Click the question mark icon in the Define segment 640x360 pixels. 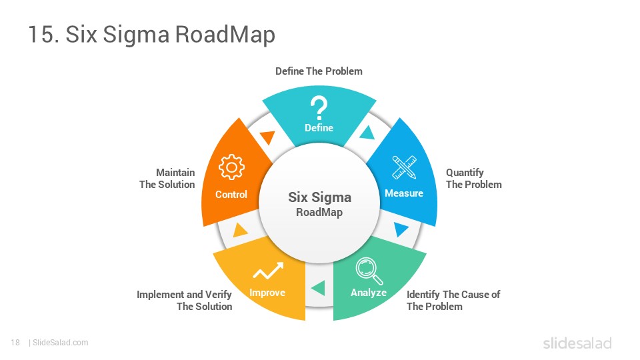point(319,108)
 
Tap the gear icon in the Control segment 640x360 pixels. point(231,167)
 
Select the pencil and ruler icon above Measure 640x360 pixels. point(404,167)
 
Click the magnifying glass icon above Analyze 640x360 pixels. point(369,271)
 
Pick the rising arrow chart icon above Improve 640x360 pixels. point(268,271)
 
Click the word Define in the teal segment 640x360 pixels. point(319,128)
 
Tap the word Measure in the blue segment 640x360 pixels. point(404,193)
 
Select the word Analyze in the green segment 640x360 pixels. point(369,293)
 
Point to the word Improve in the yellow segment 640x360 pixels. point(267,293)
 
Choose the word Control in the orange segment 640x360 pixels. point(231,194)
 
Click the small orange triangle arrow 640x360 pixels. point(268,137)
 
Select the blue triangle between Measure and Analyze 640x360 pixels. point(401,229)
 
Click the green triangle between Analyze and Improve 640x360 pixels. point(319,288)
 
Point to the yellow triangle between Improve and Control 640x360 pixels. point(239,230)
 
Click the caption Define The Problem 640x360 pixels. point(319,71)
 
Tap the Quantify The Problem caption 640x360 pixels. point(474,179)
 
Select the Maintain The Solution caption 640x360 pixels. point(167,179)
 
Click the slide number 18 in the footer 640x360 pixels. point(15,343)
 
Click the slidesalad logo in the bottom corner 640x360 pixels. point(577,343)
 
